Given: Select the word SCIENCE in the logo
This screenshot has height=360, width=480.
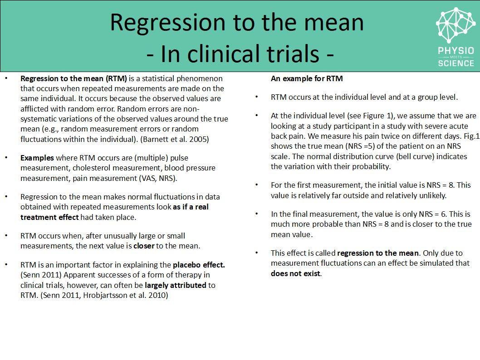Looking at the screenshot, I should (456, 63).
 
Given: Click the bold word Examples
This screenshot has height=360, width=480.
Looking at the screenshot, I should (37, 158).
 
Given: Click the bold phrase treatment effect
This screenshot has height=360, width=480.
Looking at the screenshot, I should (49, 217).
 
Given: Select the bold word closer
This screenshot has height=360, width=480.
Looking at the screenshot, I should (143, 246).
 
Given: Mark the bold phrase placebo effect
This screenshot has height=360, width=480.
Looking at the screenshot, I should (199, 264).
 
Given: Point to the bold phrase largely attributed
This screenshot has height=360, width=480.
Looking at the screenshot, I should (175, 285).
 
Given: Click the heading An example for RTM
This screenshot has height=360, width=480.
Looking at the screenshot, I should (307, 78).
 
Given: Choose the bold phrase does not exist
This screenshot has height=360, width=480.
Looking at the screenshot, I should (295, 273).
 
